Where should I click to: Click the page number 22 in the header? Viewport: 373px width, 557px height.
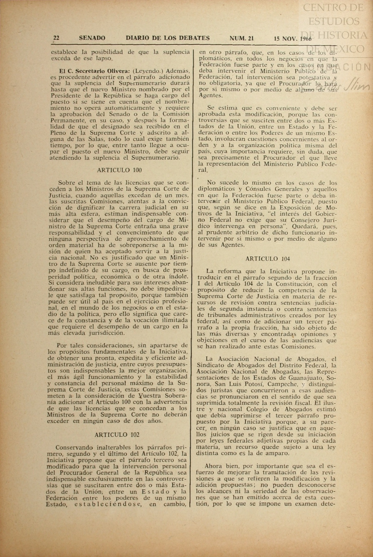click(x=56, y=38)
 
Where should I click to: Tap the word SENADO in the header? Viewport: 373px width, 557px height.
click(x=92, y=38)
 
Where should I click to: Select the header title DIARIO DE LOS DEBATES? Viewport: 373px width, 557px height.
click(x=168, y=38)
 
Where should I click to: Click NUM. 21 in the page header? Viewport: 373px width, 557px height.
click(x=242, y=38)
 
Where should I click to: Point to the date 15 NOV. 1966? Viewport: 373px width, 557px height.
click(x=293, y=39)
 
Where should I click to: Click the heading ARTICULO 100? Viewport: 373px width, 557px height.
click(x=119, y=170)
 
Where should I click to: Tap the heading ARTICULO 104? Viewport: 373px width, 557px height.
click(x=268, y=259)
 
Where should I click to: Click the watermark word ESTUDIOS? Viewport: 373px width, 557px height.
click(x=334, y=21)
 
